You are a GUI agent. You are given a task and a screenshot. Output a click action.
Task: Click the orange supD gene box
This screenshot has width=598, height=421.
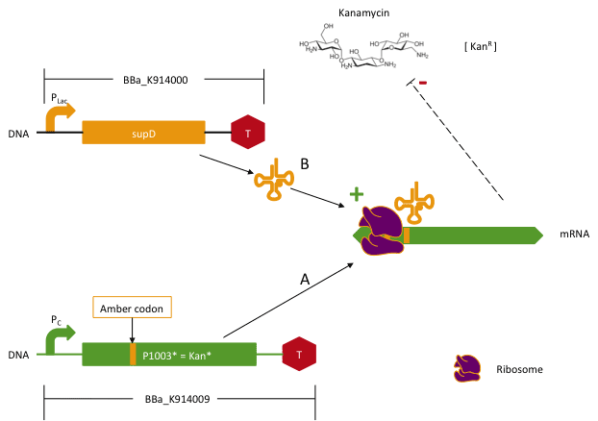pos(143,133)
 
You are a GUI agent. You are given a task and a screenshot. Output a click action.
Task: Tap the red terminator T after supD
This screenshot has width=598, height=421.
pos(247,133)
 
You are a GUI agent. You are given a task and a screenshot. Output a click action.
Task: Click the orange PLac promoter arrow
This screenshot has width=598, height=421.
pos(58,116)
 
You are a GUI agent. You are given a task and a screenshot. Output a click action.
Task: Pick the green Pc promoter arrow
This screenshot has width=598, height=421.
pos(58,338)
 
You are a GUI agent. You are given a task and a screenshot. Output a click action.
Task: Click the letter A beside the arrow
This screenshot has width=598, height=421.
pos(305,280)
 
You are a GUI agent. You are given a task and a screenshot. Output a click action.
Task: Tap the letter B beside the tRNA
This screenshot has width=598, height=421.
pos(304,164)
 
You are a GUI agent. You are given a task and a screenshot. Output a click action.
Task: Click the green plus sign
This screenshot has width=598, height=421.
pos(356,193)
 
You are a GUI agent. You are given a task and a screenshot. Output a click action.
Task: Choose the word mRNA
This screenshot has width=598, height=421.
pos(574,235)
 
